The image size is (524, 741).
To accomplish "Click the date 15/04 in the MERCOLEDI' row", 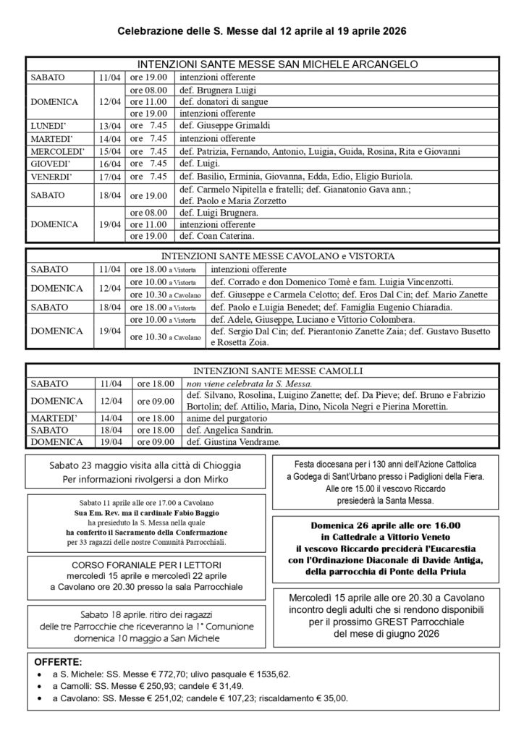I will click(110, 151).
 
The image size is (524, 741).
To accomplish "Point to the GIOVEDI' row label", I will click(51, 164).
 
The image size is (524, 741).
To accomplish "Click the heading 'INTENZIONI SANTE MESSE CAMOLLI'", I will click(262, 371).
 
